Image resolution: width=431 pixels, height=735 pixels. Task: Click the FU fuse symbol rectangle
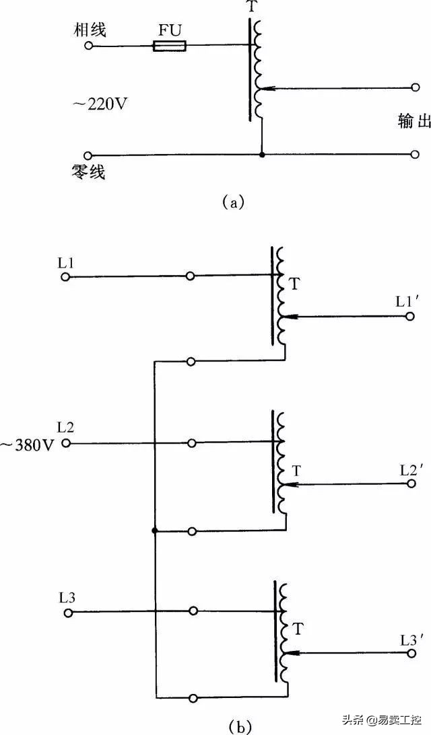170,46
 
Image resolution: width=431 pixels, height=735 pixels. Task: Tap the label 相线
92,30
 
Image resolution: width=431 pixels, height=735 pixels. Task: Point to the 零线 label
90,173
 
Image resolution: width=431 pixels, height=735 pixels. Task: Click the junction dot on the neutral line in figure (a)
262,155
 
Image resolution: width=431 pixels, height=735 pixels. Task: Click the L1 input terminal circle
65,276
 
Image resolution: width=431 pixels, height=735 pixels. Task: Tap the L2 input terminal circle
66,443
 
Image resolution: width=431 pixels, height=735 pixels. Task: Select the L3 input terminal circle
67,612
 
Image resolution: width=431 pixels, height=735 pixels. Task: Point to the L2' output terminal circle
411,483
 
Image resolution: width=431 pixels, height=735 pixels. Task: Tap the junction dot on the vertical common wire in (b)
155,531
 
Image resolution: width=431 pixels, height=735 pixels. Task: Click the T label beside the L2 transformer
296,469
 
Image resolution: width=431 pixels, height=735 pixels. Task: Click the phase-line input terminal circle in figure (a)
88,46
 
